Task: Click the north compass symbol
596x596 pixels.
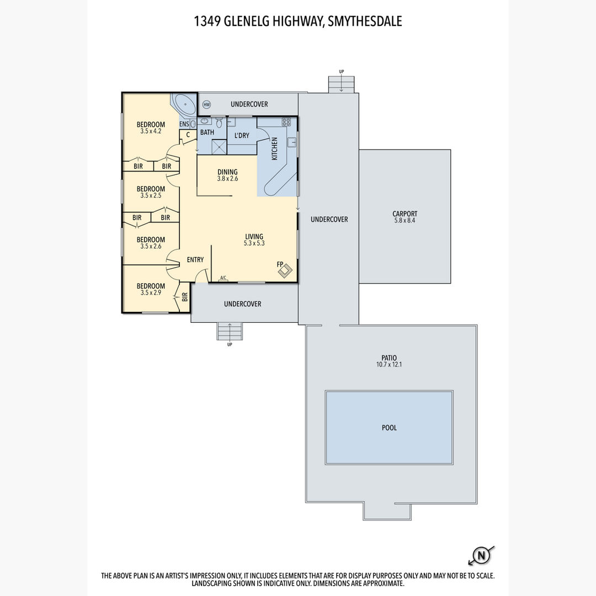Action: click(x=481, y=556)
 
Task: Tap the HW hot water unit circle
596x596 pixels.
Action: click(x=206, y=104)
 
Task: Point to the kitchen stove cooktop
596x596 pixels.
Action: click(x=286, y=121)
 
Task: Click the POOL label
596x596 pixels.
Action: click(x=389, y=428)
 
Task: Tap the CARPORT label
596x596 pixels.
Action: click(x=405, y=214)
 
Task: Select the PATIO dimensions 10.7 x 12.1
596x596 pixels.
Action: click(x=389, y=364)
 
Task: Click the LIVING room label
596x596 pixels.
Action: click(x=254, y=236)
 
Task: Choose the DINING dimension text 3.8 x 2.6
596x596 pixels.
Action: click(x=228, y=179)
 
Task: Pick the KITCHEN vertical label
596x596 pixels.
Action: click(x=274, y=148)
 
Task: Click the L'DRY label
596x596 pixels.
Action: click(x=242, y=135)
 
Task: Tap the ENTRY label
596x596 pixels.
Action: click(x=195, y=259)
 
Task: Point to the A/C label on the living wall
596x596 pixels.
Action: click(x=223, y=278)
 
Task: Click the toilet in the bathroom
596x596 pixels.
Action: click(x=219, y=123)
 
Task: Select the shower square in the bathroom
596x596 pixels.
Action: click(x=219, y=147)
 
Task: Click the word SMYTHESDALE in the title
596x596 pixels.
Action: click(x=365, y=22)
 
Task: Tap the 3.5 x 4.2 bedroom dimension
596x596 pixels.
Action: click(x=151, y=131)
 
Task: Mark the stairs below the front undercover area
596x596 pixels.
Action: click(x=230, y=331)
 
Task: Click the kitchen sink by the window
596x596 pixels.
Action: click(x=291, y=142)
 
